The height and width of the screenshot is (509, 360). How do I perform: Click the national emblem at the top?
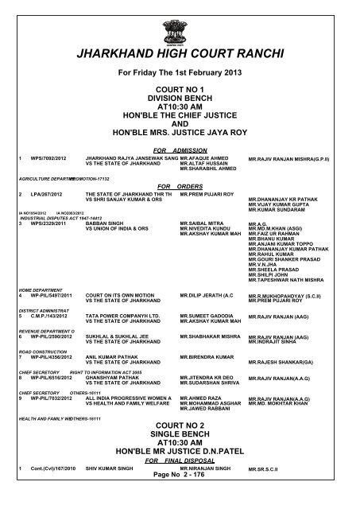[180, 21]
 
